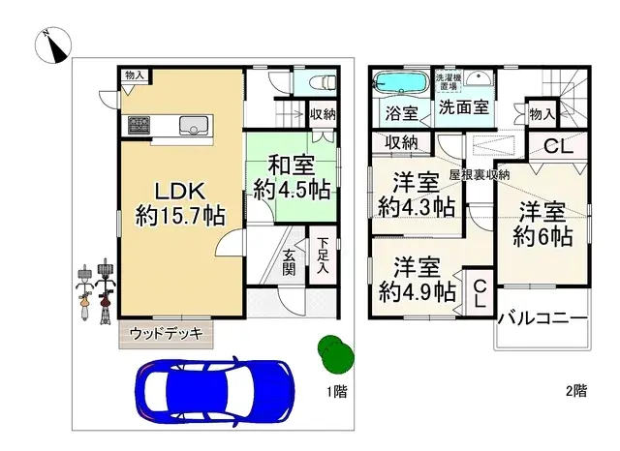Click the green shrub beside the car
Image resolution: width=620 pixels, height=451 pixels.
pos(333,352)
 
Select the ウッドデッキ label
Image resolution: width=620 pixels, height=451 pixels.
pos(165,334)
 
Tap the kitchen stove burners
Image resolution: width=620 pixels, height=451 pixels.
pos(138,124)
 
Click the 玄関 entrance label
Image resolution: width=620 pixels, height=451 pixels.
pos(290,261)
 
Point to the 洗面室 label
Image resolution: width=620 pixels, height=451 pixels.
pos(462,108)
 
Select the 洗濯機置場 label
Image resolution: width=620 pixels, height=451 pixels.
pos(449,80)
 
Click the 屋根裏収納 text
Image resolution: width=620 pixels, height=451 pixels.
pos(480,175)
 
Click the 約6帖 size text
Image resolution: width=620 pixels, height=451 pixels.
pos(542,236)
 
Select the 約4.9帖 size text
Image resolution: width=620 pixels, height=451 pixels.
pos(418,288)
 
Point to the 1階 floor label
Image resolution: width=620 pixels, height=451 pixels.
pos(335,391)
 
